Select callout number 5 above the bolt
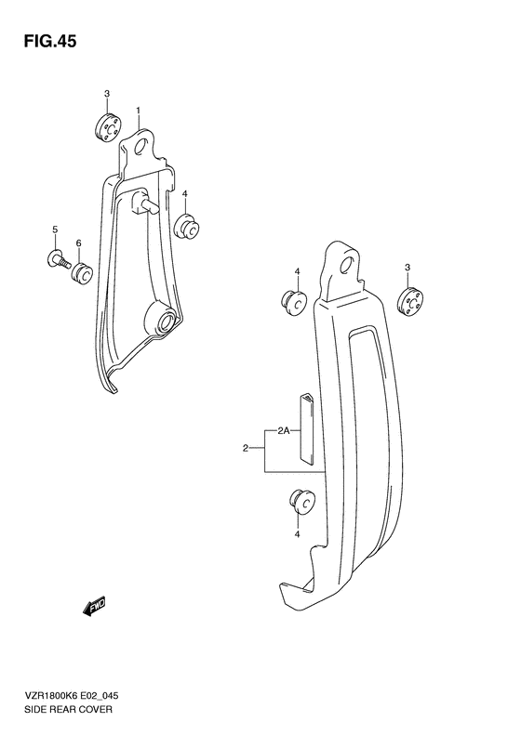pyautogui.click(x=55, y=229)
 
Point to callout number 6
pyautogui.click(x=79, y=243)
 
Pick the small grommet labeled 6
pyautogui.click(x=82, y=271)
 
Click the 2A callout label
pyautogui.click(x=282, y=430)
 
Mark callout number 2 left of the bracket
pyautogui.click(x=246, y=450)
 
